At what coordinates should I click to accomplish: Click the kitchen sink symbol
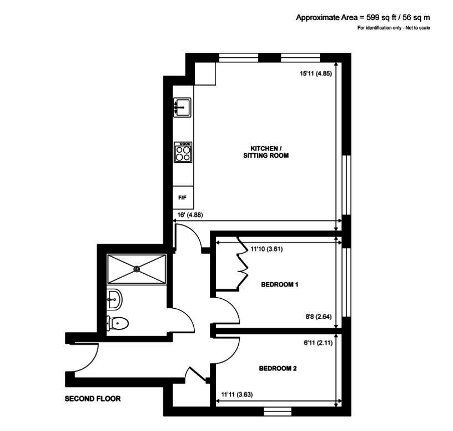[x=182, y=108]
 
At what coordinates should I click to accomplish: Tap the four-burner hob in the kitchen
[x=183, y=152]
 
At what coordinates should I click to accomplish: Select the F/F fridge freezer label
[x=182, y=198]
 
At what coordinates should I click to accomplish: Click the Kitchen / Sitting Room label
[x=266, y=152]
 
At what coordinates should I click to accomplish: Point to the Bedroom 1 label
[x=279, y=284]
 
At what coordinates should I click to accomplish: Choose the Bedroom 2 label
[x=278, y=368]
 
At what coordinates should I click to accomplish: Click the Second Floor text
[x=93, y=399]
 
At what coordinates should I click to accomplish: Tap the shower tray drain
[x=137, y=269]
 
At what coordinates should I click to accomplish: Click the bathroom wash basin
[x=114, y=299]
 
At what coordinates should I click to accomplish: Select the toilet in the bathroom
[x=117, y=323]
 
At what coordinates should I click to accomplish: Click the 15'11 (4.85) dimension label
[x=316, y=73]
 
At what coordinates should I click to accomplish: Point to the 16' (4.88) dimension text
[x=190, y=215]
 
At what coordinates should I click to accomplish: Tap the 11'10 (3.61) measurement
[x=266, y=249]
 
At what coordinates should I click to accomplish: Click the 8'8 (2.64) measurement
[x=318, y=317]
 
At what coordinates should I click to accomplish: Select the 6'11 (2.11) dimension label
[x=318, y=343]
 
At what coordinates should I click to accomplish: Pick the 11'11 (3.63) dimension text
[x=237, y=394]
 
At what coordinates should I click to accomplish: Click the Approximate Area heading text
[x=363, y=18]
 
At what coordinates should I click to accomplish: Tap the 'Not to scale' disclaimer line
[x=394, y=28]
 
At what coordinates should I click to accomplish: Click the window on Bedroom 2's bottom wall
[x=278, y=412]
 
